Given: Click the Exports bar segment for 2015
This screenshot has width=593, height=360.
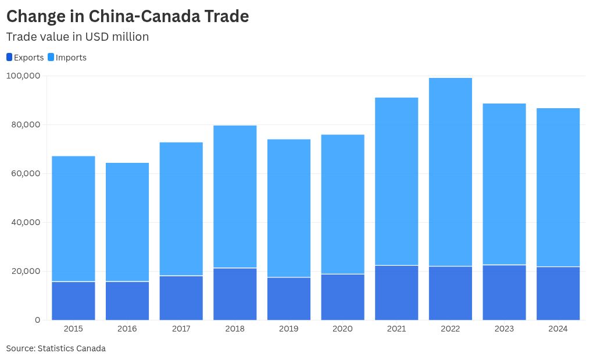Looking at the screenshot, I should coord(73,301).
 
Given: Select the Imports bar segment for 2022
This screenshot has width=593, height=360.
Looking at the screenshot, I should coord(450,172).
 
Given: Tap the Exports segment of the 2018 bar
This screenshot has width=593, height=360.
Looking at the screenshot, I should coord(235,294).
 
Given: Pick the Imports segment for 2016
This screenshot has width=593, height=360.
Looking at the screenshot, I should coord(127,222).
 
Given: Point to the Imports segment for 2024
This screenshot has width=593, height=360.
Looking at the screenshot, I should coord(558,187).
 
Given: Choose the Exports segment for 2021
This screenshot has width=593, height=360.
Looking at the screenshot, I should coord(396,293).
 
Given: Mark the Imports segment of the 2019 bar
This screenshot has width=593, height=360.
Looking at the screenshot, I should coord(289,208).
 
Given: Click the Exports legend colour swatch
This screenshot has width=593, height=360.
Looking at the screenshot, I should coord(9,57).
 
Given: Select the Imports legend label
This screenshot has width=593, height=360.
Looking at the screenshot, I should coord(71,58).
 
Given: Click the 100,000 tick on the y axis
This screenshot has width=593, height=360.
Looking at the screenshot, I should coord(23,76).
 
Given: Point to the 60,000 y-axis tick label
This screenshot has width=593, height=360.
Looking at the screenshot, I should coord(23,173).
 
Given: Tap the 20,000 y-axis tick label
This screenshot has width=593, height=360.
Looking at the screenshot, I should coord(23,271).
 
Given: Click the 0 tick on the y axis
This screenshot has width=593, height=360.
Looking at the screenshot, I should coord(37,320).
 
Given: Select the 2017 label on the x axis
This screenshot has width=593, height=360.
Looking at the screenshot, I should coord(181,329).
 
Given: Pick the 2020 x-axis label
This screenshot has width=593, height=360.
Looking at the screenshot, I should coord(342,329).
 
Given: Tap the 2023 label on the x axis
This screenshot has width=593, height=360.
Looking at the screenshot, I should coord(504,329).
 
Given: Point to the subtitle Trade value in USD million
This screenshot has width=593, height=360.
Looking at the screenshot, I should coord(77,37).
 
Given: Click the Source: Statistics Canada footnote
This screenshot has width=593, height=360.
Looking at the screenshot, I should coord(56,348).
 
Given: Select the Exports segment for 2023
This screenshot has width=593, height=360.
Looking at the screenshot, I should coord(504,293).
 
